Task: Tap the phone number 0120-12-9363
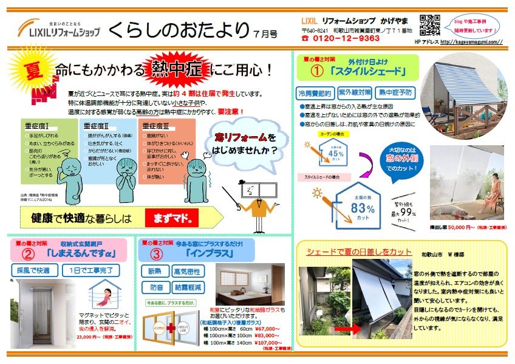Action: tap(345, 38)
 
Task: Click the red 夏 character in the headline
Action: tap(31, 70)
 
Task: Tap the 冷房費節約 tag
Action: tap(315, 94)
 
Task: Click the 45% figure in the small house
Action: tap(335, 153)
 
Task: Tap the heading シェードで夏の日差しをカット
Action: tap(350, 252)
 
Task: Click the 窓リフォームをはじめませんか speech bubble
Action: tap(245, 143)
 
